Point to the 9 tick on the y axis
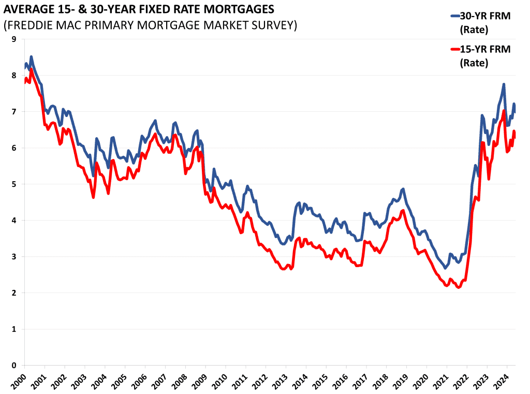(13, 39)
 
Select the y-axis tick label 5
(13, 184)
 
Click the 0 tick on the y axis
(13, 366)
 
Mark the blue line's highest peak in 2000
(31, 56)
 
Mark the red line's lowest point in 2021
(458, 287)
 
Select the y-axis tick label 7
(13, 112)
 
